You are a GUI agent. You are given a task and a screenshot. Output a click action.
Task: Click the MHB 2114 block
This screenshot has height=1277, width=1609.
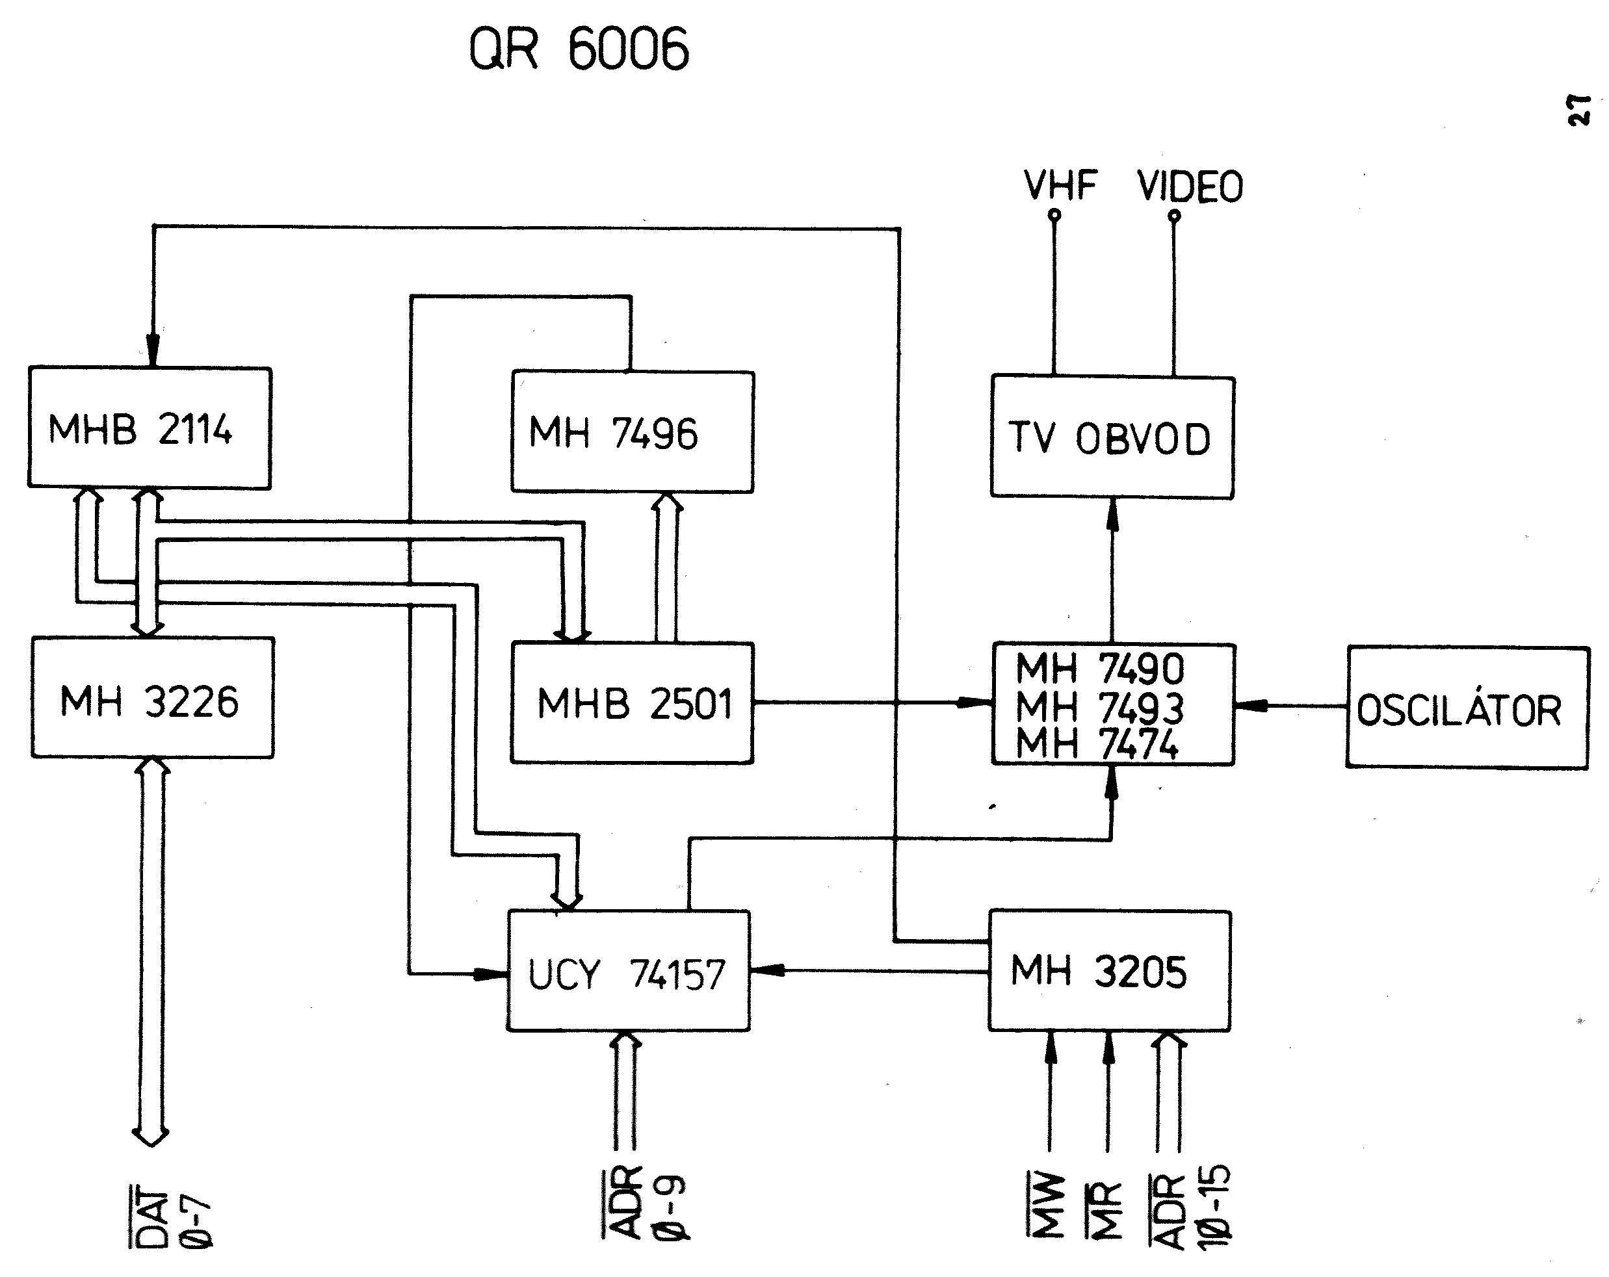tap(150, 428)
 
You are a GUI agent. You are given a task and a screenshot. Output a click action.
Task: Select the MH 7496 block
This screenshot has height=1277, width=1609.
tap(632, 432)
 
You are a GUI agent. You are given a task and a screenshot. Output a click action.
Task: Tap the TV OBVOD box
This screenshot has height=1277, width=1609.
tap(1112, 438)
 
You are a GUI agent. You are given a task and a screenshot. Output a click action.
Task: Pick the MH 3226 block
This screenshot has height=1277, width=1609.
tap(152, 698)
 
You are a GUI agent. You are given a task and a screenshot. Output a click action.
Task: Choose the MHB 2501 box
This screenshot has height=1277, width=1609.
tap(632, 703)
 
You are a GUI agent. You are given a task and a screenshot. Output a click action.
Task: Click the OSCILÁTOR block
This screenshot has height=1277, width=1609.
tap(1467, 708)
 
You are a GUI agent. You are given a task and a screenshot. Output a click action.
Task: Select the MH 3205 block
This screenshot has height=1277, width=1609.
tap(1110, 970)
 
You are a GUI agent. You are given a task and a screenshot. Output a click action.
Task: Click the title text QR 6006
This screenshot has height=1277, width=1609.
tap(579, 49)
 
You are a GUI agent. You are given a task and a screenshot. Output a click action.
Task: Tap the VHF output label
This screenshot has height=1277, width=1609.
tap(1060, 186)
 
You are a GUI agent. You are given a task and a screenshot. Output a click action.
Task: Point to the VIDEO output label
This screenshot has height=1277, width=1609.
tap(1190, 187)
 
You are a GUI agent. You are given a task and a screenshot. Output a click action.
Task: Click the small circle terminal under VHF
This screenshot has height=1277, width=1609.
tap(1054, 216)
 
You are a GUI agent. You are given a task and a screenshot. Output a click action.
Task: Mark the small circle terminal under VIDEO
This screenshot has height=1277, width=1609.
tap(1174, 216)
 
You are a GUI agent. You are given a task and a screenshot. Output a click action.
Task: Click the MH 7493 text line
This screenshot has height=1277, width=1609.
tap(1099, 706)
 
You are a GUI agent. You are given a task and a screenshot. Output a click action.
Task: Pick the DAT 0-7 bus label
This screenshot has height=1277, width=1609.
tap(172, 1215)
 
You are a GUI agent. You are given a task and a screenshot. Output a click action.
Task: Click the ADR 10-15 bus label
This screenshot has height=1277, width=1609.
tap(1191, 1208)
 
